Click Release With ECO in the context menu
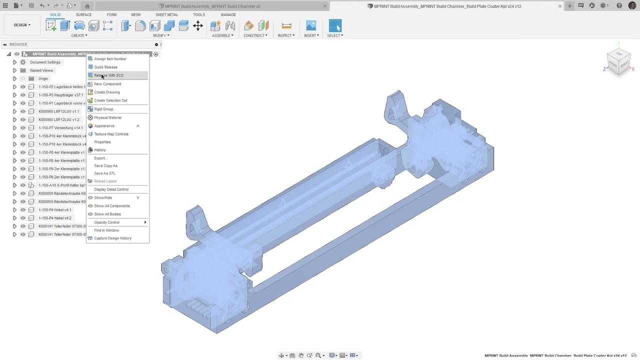coord(109,75)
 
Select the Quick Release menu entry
coord(106,67)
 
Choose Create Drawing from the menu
coord(107,92)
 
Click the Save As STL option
coord(104,173)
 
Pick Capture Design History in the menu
coord(113,238)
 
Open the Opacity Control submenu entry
coord(107,222)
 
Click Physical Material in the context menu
coord(107,117)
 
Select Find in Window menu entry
coord(106,230)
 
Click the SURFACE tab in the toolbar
coord(83,14)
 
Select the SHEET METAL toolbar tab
coord(166,14)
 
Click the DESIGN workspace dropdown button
coord(22,25)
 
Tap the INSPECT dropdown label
coord(286,35)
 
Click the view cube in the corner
coord(619,62)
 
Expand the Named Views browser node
coord(14,70)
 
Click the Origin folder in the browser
coord(43,78)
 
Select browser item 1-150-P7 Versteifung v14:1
coord(60,128)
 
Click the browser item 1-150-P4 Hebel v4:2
coord(55,218)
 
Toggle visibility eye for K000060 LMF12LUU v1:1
coord(22,111)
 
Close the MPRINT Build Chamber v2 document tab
coord(325,6)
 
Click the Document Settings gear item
coord(45,62)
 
